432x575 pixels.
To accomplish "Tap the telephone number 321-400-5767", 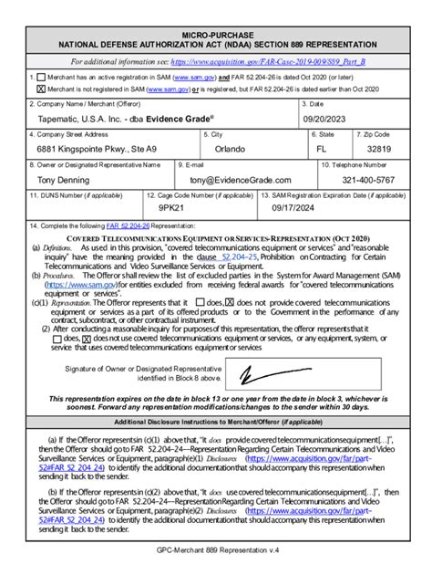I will tap(368, 181).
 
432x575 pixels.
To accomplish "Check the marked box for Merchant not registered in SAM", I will tap(41, 89).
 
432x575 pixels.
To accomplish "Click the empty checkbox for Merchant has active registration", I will tap(41, 78).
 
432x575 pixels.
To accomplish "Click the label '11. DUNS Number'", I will tap(69, 195).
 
